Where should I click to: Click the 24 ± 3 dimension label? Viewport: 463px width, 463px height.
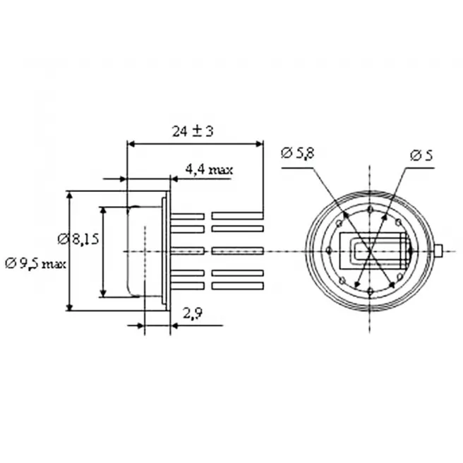pyautogui.click(x=193, y=131)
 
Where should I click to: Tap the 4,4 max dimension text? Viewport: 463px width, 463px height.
pyautogui.click(x=209, y=170)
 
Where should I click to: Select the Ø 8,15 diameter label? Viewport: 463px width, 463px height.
pyautogui.click(x=78, y=239)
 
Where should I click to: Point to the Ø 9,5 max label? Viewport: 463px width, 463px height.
pyautogui.click(x=35, y=263)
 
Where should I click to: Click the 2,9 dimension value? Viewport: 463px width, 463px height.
pyautogui.click(x=193, y=313)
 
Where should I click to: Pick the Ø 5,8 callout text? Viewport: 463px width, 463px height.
pyautogui.click(x=298, y=154)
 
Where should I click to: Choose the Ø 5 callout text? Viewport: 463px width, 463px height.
pyautogui.click(x=421, y=155)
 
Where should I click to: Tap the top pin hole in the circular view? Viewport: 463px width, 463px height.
pyautogui.click(x=371, y=210)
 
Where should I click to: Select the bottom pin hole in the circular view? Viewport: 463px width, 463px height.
pyautogui.click(x=371, y=292)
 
